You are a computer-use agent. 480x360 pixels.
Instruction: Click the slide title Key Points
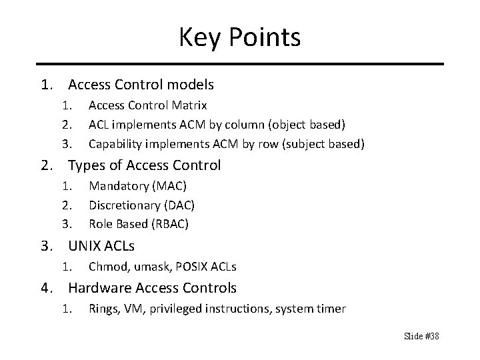[239, 37]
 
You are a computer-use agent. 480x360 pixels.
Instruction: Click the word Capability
[114, 143]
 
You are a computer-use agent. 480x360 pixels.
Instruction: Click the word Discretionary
[123, 204]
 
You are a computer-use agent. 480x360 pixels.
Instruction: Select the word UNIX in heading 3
[84, 245]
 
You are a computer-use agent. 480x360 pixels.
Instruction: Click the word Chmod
[105, 267]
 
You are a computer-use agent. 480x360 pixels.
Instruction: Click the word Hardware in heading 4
[97, 288]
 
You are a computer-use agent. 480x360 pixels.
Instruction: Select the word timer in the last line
[331, 309]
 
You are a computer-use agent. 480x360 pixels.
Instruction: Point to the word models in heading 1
[191, 85]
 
